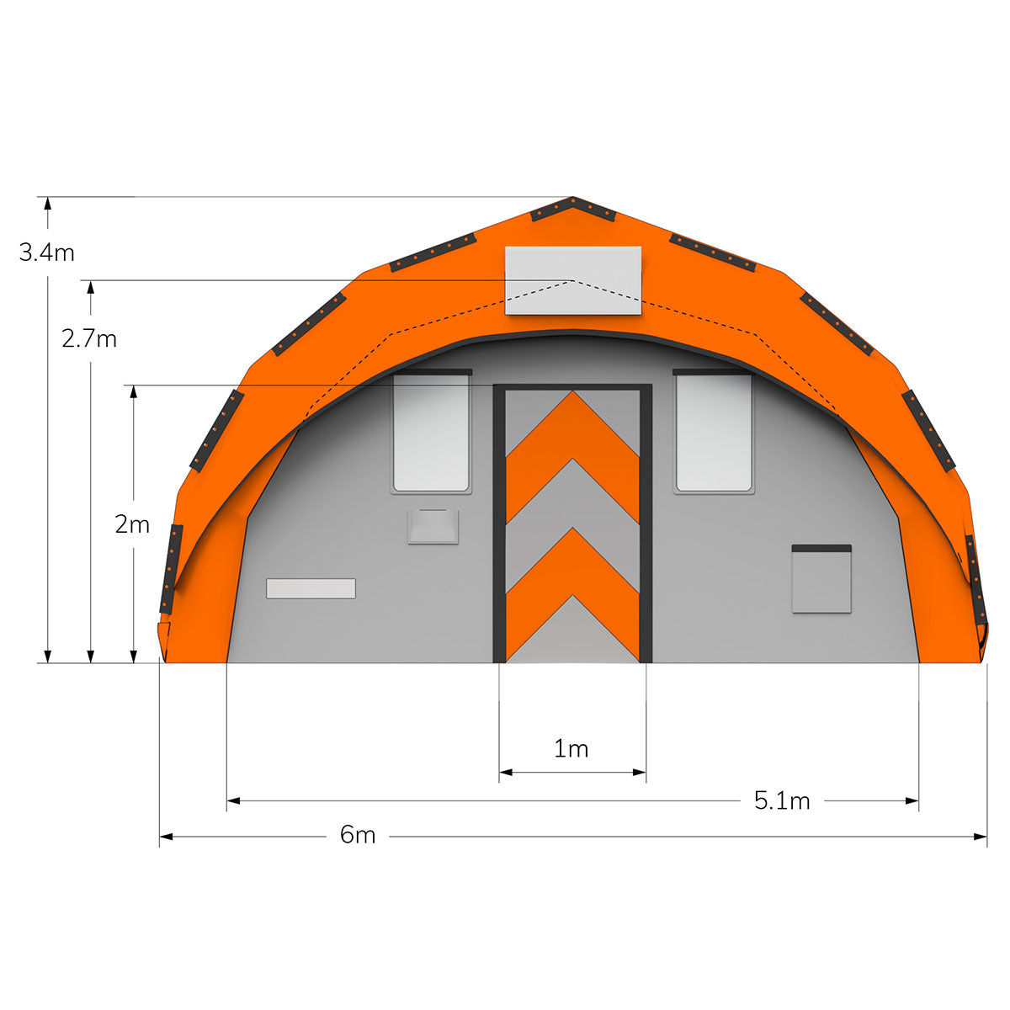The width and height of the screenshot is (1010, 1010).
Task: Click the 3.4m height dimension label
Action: click(46, 252)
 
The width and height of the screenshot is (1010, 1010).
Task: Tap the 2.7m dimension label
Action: click(89, 339)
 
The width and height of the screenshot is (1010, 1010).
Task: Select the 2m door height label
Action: click(133, 524)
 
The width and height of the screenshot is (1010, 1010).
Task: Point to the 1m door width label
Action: click(571, 749)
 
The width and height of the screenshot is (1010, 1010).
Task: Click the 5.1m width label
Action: click(782, 801)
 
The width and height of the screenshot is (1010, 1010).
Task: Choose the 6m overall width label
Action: click(358, 835)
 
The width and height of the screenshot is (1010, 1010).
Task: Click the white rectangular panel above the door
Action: click(573, 280)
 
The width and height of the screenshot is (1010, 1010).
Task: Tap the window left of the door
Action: click(431, 432)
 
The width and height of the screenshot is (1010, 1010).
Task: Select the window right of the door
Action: click(714, 432)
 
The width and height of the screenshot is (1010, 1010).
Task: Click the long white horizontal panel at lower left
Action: click(311, 588)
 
